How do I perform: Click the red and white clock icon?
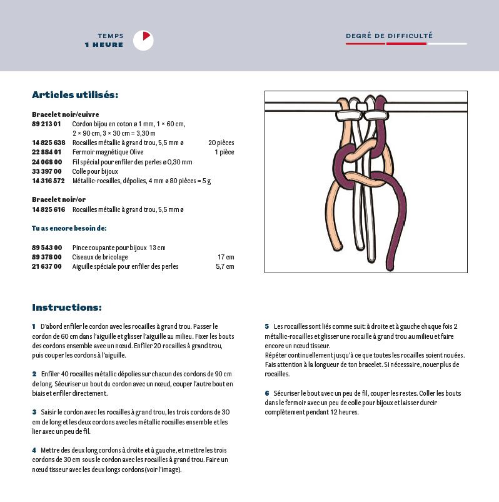pos(143,41)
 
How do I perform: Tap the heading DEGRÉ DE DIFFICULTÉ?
pos(389,36)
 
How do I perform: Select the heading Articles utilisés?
pos(74,95)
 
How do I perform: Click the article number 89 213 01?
pos(46,124)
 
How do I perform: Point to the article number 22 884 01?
pos(46,152)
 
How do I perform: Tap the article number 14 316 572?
pos(48,181)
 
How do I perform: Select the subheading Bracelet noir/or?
pos(58,199)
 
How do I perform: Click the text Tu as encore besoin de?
pos(69,228)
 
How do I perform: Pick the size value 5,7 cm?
pos(224,266)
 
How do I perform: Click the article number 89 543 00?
pos(46,248)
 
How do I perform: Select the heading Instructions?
pos(66,308)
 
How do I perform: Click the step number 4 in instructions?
pos(34,450)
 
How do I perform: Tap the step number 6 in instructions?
pos(266,393)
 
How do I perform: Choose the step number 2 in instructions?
pos(34,374)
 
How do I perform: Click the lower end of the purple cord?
pos(392,265)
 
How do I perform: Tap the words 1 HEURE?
pos(104,45)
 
